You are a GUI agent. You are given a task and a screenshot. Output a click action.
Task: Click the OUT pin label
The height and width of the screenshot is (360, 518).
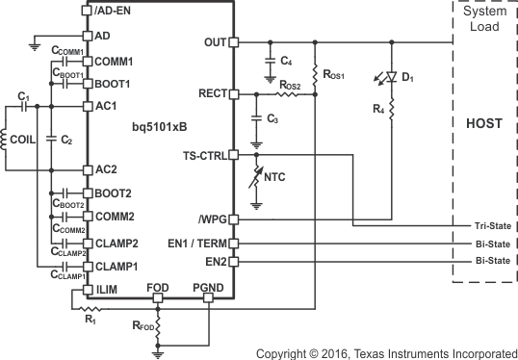pyautogui.click(x=215, y=42)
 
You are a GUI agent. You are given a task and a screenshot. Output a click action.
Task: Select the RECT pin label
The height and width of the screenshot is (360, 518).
pyautogui.click(x=211, y=94)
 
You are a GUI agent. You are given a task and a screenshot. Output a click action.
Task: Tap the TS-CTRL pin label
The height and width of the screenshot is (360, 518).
pyautogui.click(x=202, y=155)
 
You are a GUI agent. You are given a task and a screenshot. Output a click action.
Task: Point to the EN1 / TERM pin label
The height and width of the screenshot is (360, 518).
pyautogui.click(x=194, y=244)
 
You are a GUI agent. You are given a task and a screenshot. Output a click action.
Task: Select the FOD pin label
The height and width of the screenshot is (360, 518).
pyautogui.click(x=159, y=287)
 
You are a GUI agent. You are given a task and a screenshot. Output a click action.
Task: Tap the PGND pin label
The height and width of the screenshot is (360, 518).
pyautogui.click(x=207, y=287)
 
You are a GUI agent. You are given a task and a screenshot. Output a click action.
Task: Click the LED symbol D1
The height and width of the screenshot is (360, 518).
pyautogui.click(x=393, y=74)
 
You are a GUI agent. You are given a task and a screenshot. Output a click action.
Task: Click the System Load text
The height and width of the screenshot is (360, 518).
pyautogui.click(x=484, y=17)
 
